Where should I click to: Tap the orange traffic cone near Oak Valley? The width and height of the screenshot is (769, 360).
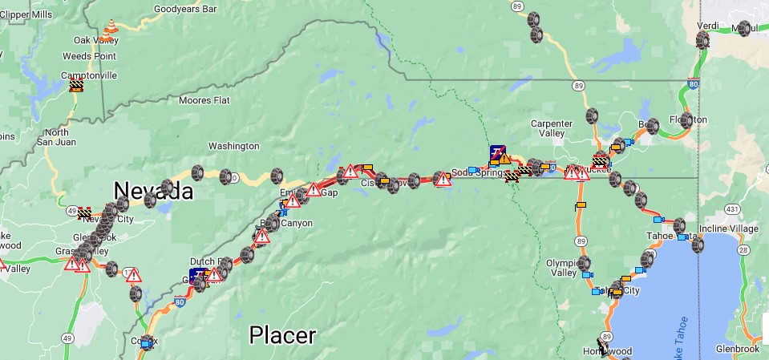pos(109,29)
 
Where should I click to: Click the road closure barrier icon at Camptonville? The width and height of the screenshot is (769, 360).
pos(76,84)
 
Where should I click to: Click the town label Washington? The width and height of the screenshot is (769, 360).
pos(233,146)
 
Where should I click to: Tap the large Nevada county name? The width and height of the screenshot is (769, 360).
pos(153,190)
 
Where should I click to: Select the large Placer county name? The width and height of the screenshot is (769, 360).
pos(282,335)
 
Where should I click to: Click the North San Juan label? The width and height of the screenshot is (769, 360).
pos(56,137)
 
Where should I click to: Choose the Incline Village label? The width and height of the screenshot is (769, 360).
pos(728,229)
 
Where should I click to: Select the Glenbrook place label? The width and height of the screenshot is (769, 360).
pos(720,348)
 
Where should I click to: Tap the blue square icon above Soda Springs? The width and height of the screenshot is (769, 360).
pos(498,152)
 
